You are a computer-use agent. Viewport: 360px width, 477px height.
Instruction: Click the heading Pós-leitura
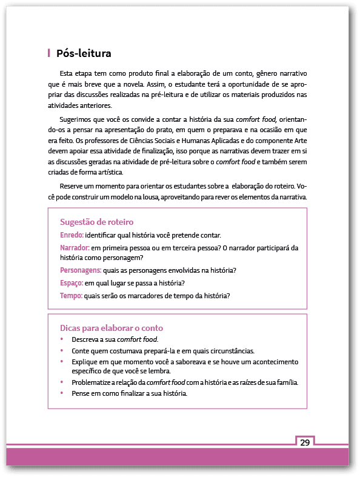pyautogui.click(x=83, y=53)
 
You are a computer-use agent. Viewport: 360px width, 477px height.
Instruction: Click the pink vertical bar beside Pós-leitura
pyautogui.click(x=48, y=53)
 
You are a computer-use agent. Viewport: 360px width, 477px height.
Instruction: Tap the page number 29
pyautogui.click(x=305, y=442)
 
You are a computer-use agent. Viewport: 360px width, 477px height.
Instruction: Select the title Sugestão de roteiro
pyautogui.click(x=96, y=222)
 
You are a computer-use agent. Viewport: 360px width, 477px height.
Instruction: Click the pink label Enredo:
pyautogui.click(x=72, y=235)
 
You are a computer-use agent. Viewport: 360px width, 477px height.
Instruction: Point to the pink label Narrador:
pyautogui.click(x=75, y=248)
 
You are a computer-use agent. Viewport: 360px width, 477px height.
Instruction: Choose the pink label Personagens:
pyautogui.click(x=80, y=270)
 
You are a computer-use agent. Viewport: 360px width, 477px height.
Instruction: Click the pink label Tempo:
pyautogui.click(x=71, y=296)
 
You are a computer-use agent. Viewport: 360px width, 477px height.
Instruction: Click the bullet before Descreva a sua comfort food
pyautogui.click(x=61, y=340)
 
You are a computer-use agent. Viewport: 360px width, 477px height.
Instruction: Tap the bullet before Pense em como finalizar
pyautogui.click(x=61, y=393)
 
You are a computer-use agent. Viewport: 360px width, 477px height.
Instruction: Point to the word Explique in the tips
pyautogui.click(x=84, y=361)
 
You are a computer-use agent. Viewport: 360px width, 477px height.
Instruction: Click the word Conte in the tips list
pyautogui.click(x=80, y=351)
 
